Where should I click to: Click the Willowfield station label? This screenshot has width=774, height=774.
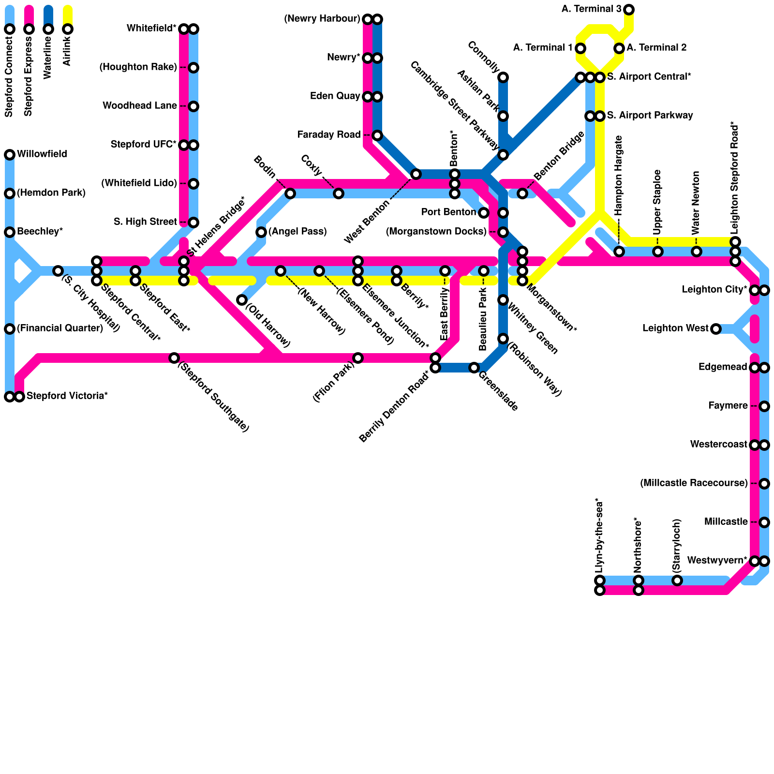pos(42,154)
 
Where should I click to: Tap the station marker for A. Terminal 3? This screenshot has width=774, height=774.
pos(629,9)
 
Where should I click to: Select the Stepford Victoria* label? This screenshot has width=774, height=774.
pos(67,396)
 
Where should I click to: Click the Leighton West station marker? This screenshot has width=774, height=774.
pos(716,329)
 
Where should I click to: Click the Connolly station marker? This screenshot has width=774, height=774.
pos(503,77)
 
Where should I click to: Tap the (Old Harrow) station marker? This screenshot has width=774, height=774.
pos(242,300)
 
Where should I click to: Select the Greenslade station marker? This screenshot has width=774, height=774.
pos(474,368)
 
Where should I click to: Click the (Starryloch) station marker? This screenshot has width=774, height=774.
pos(677,580)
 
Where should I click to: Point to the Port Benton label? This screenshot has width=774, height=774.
pos(448,212)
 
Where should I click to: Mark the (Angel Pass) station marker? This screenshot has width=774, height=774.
pos(261,232)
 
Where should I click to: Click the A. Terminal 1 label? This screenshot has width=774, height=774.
pos(543,48)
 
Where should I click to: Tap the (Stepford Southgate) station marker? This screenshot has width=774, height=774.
pos(174,358)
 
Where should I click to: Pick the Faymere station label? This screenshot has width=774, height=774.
pos(728,406)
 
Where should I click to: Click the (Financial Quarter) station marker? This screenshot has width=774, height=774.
pos(10,329)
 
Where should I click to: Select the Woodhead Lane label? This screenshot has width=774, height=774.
pos(140,106)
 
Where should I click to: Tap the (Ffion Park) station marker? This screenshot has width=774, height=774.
pos(358,358)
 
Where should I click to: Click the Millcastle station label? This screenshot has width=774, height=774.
pos(726,522)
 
